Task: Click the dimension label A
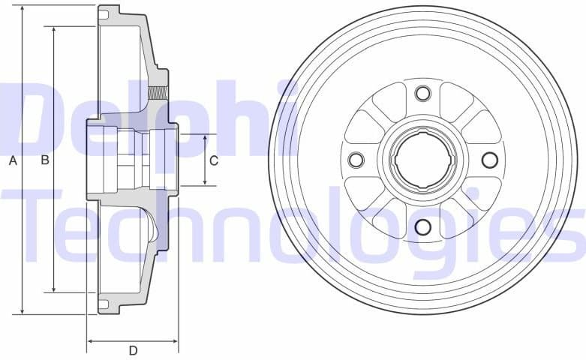point(12,160)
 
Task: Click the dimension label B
point(44,160)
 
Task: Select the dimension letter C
point(214,160)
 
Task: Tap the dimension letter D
point(133,350)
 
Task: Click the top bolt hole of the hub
point(422,93)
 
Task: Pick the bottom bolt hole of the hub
point(422,226)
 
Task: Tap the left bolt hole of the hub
point(356,160)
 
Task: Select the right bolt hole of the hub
point(489,160)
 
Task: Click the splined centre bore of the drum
point(422,160)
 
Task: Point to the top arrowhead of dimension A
point(23,10)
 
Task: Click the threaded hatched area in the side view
point(158,94)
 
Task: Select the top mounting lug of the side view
point(108,13)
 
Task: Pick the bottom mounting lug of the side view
point(108,306)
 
